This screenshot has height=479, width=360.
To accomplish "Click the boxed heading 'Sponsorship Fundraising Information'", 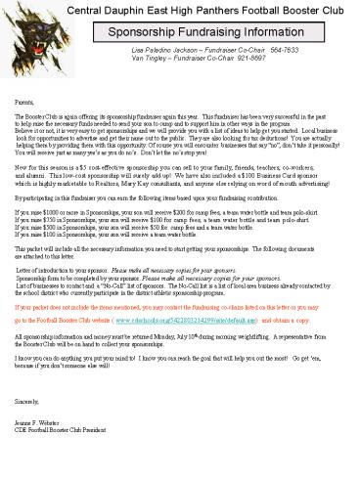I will [x=206, y=31].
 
